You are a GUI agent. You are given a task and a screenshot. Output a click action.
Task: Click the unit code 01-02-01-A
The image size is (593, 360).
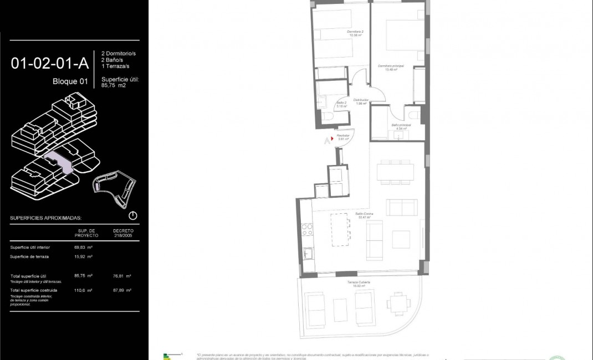click(50, 63)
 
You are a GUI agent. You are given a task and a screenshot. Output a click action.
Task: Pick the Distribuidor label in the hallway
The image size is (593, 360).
click(361, 101)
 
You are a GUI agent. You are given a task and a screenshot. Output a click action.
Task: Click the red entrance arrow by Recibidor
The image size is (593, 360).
click(332, 138)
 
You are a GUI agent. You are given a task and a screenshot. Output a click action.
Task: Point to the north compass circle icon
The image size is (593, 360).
click(132, 215)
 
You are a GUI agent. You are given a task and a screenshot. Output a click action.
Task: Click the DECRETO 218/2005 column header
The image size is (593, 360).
click(123, 233)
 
